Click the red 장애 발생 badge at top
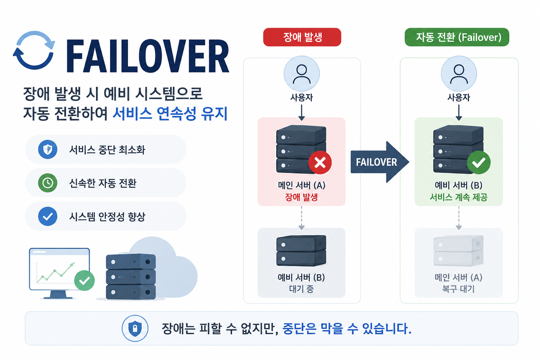pyautogui.click(x=302, y=37)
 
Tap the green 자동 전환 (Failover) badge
pyautogui.click(x=457, y=37)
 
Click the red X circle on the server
pyautogui.click(x=320, y=162)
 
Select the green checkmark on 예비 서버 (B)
pyautogui.click(x=479, y=162)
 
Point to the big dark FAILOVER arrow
pyautogui.click(x=380, y=162)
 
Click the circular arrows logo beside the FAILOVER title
pyautogui.click(x=34, y=50)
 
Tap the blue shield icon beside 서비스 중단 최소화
pyautogui.click(x=48, y=149)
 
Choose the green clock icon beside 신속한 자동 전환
pyautogui.click(x=48, y=183)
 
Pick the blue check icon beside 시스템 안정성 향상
pyautogui.click(x=48, y=216)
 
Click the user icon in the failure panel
pyautogui.click(x=302, y=74)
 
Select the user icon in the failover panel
pyautogui.click(x=459, y=74)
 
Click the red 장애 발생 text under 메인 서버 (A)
pyautogui.click(x=301, y=197)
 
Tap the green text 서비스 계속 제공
pyautogui.click(x=459, y=197)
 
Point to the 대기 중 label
pyautogui.click(x=301, y=289)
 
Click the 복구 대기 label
pyautogui.click(x=458, y=289)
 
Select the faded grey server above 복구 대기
pyautogui.click(x=458, y=251)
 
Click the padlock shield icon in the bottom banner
pyautogui.click(x=135, y=328)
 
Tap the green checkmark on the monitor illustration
pyautogui.click(x=84, y=281)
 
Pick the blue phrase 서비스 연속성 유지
pyautogui.click(x=170, y=114)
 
